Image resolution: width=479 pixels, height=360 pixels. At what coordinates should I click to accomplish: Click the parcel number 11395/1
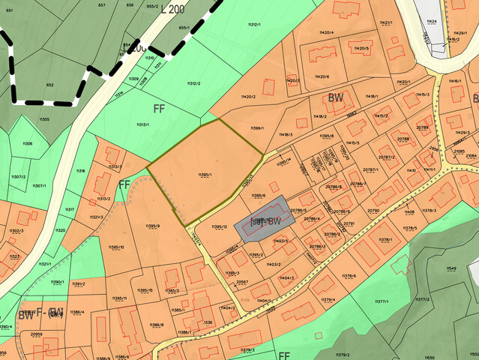[x=205, y=175]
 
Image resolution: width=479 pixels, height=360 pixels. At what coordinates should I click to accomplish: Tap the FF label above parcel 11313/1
[x=159, y=108]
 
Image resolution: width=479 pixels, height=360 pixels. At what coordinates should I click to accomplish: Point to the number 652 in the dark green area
[x=49, y=85]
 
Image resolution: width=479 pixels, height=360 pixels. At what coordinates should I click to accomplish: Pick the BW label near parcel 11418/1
[x=335, y=98]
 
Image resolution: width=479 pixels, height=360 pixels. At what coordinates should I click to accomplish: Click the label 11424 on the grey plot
[x=431, y=22]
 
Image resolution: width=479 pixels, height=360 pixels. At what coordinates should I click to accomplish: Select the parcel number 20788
[x=403, y=139]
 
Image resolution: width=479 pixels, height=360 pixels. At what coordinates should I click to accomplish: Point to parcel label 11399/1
[x=257, y=129]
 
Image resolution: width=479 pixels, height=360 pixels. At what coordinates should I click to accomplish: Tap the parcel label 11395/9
[x=152, y=226]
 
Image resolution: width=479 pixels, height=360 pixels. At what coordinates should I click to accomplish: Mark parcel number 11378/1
[x=386, y=239]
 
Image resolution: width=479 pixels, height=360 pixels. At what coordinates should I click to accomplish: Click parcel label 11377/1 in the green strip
[x=380, y=301]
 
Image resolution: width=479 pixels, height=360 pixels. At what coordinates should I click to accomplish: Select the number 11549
[x=451, y=268]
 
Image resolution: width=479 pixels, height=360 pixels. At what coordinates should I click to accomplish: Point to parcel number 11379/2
[x=342, y=354]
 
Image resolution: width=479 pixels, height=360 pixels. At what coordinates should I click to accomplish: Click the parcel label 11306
[x=27, y=142]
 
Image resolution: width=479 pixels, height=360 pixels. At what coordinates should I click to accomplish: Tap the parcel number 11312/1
[x=254, y=25]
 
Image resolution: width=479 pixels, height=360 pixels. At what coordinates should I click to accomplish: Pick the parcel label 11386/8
[x=157, y=325]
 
